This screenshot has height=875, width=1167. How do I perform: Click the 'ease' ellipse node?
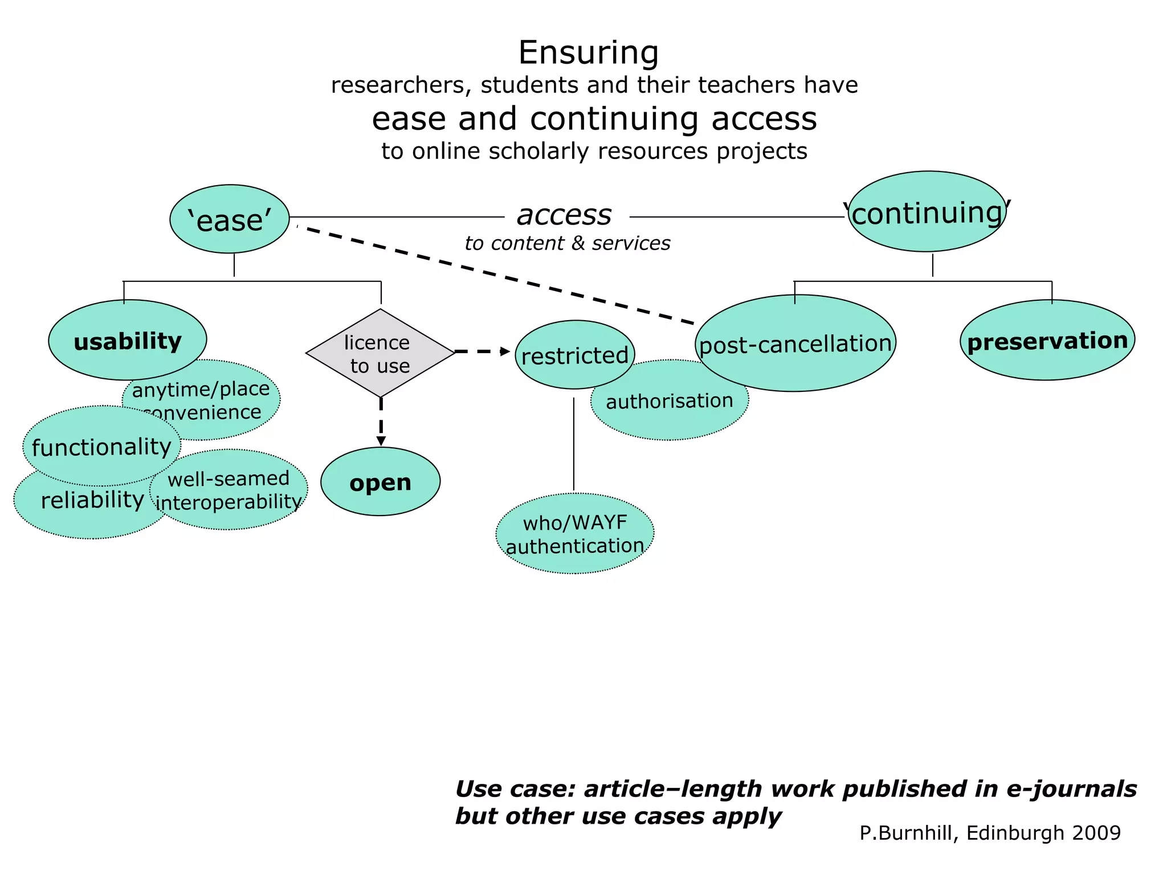click(x=230, y=219)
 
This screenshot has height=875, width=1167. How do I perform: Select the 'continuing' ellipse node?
click(x=927, y=212)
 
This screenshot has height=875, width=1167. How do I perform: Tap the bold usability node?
click(x=128, y=341)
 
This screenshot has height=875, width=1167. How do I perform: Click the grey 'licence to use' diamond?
click(x=380, y=353)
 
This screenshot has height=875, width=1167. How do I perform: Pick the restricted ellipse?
click(x=574, y=355)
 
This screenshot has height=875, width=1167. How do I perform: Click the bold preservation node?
click(x=1047, y=341)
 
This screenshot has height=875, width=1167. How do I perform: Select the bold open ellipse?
click(x=380, y=482)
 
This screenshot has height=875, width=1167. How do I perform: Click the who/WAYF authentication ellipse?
click(x=575, y=534)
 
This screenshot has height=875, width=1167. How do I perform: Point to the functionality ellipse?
click(x=101, y=447)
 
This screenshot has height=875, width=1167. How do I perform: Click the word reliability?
click(x=92, y=500)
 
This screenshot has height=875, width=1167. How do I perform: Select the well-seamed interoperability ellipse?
click(x=229, y=490)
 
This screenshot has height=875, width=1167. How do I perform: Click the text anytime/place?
click(x=201, y=389)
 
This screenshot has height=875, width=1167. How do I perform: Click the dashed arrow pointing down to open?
click(x=381, y=422)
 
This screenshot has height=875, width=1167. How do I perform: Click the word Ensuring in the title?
click(x=589, y=52)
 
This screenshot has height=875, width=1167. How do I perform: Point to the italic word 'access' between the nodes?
click(x=564, y=215)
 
